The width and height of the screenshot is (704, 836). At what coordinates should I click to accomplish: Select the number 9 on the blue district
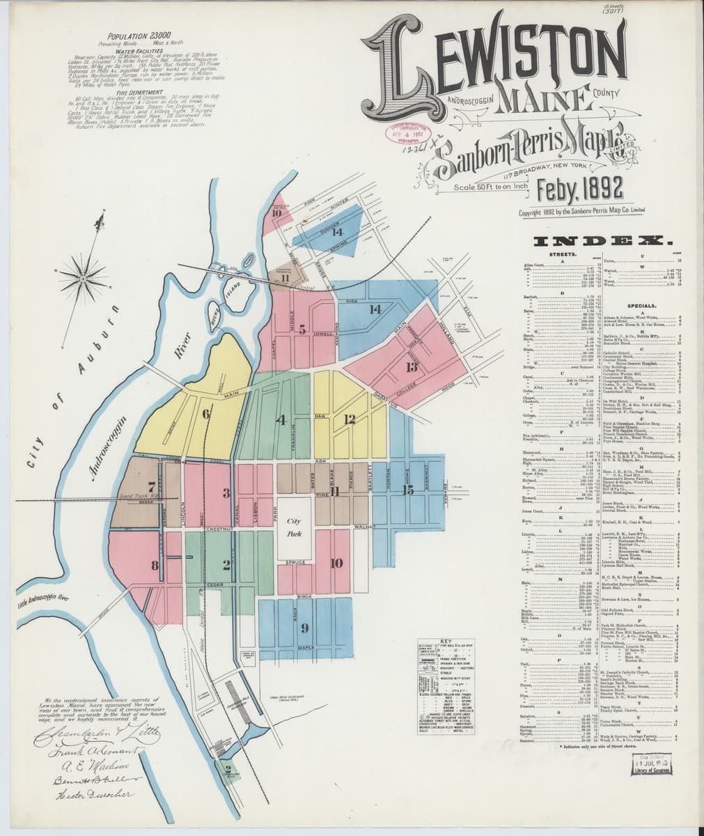[x=304, y=628]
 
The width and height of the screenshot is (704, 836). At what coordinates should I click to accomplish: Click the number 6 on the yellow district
[x=205, y=414]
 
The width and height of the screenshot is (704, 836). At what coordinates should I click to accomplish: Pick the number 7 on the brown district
[x=151, y=487]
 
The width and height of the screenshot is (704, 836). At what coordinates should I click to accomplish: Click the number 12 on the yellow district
[x=350, y=419]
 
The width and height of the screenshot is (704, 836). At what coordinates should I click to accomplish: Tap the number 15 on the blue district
[x=408, y=490]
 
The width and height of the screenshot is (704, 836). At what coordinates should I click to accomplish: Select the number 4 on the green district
[x=281, y=420]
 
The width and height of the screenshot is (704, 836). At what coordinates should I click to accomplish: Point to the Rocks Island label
[x=228, y=295]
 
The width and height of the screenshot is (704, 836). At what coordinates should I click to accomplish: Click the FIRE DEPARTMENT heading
[x=140, y=92]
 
